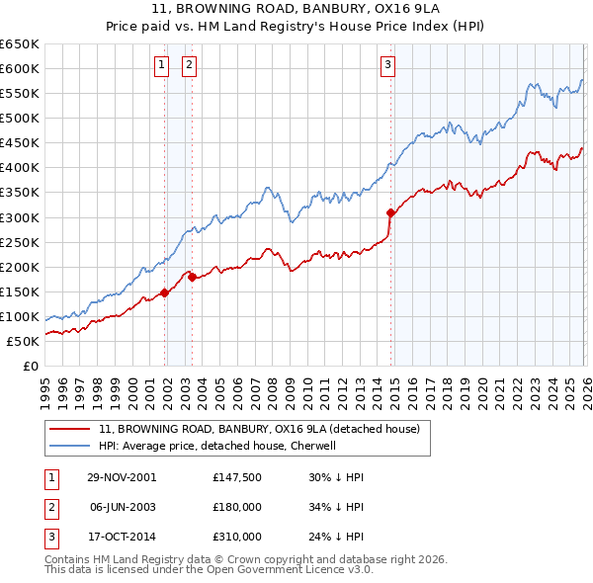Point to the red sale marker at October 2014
(390, 211)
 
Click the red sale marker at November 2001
(165, 292)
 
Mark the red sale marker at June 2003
(192, 277)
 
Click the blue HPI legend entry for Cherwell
(217, 446)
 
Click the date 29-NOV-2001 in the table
(122, 477)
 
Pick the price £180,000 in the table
(237, 507)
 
